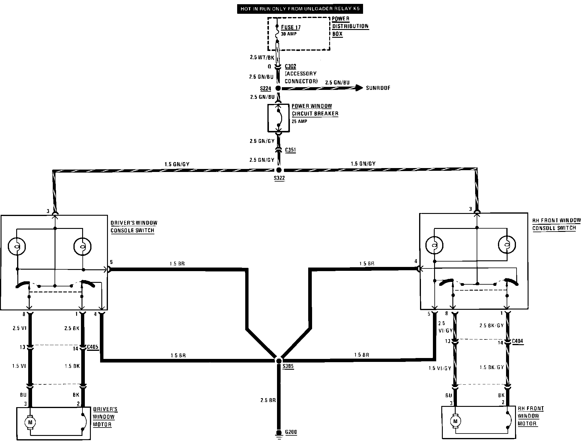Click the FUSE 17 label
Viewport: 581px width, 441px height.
pos(290,28)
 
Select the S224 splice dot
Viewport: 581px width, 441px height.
pos(278,88)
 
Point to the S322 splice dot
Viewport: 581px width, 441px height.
pos(279,170)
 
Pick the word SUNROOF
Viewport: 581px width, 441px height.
pos(378,88)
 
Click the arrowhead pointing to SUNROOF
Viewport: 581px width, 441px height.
pos(359,88)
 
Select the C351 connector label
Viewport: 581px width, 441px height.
pos(290,150)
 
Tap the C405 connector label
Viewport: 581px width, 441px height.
pos(93,347)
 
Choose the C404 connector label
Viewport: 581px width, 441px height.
pos(517,341)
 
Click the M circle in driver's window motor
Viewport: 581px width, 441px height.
pos(30,422)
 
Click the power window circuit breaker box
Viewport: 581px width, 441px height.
pos(279,118)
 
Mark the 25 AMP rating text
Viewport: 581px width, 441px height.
pos(299,122)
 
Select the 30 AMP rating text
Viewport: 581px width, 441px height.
pos(288,34)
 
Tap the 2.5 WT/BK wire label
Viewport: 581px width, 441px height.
pos(262,58)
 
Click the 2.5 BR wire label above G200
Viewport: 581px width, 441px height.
pos(268,400)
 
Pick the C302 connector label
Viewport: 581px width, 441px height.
pos(290,66)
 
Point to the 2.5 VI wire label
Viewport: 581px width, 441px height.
pos(19,328)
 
